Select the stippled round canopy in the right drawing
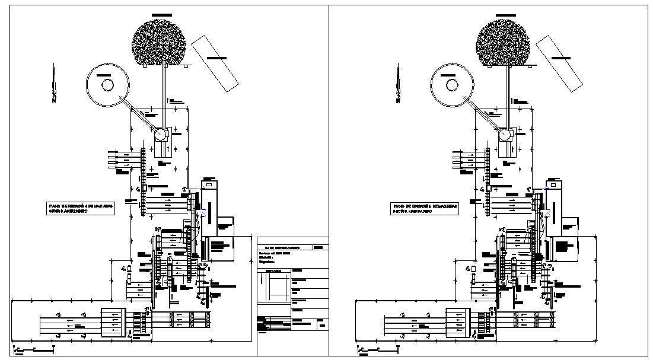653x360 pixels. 503,42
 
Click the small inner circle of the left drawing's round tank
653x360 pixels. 108,84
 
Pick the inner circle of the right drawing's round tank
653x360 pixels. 452,84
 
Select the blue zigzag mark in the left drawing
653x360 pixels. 204,214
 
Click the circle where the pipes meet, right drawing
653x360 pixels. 505,135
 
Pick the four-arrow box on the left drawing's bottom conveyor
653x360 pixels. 112,323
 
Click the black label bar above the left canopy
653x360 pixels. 160,13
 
